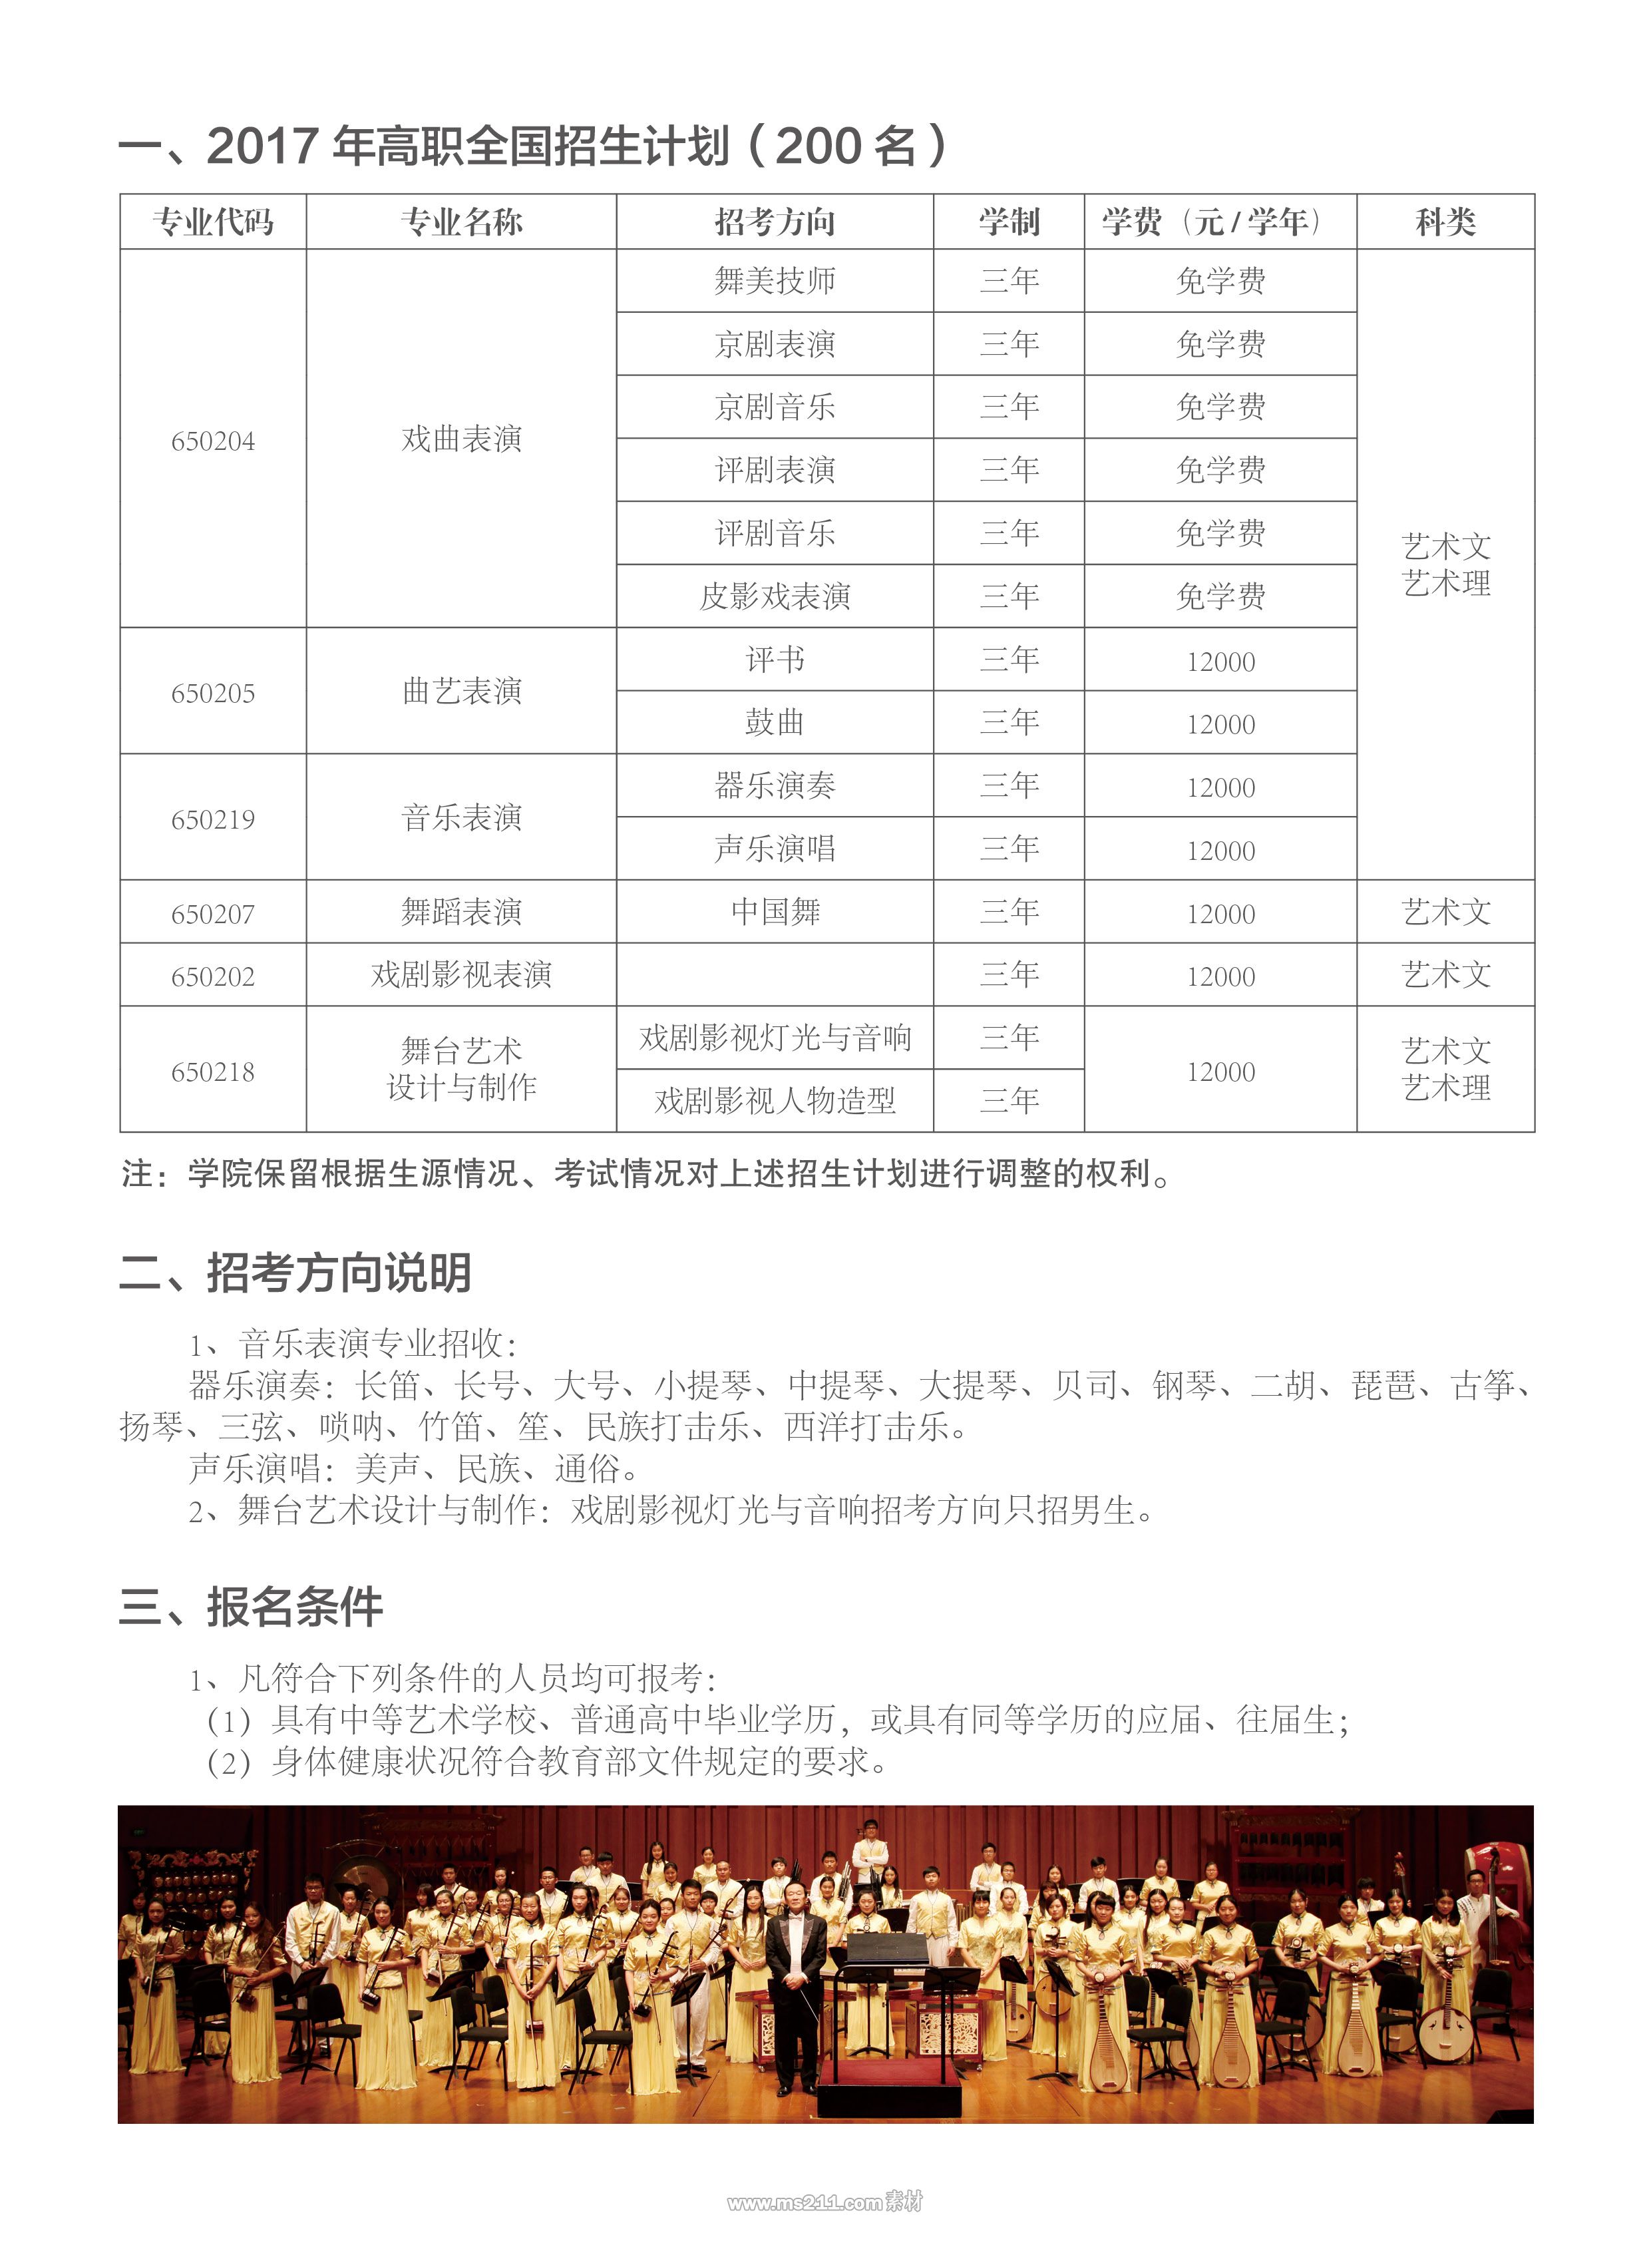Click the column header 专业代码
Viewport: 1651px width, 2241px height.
point(213,222)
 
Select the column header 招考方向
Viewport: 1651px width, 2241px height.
point(775,222)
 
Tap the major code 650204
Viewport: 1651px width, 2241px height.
point(213,441)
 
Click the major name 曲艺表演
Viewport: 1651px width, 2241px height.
point(462,691)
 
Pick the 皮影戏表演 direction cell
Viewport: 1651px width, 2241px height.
point(775,597)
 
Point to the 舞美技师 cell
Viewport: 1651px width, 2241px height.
point(775,281)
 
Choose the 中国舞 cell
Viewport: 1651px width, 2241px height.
point(775,912)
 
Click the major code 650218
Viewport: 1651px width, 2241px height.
point(213,1072)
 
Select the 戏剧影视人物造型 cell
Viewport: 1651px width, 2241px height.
point(775,1100)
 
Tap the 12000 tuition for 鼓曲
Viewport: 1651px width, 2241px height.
point(1220,725)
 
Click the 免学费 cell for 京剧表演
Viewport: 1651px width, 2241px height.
point(1220,344)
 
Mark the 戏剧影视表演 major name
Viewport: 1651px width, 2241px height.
point(462,974)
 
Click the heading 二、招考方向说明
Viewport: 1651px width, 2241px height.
point(295,1273)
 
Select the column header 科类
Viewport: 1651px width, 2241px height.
point(1445,222)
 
